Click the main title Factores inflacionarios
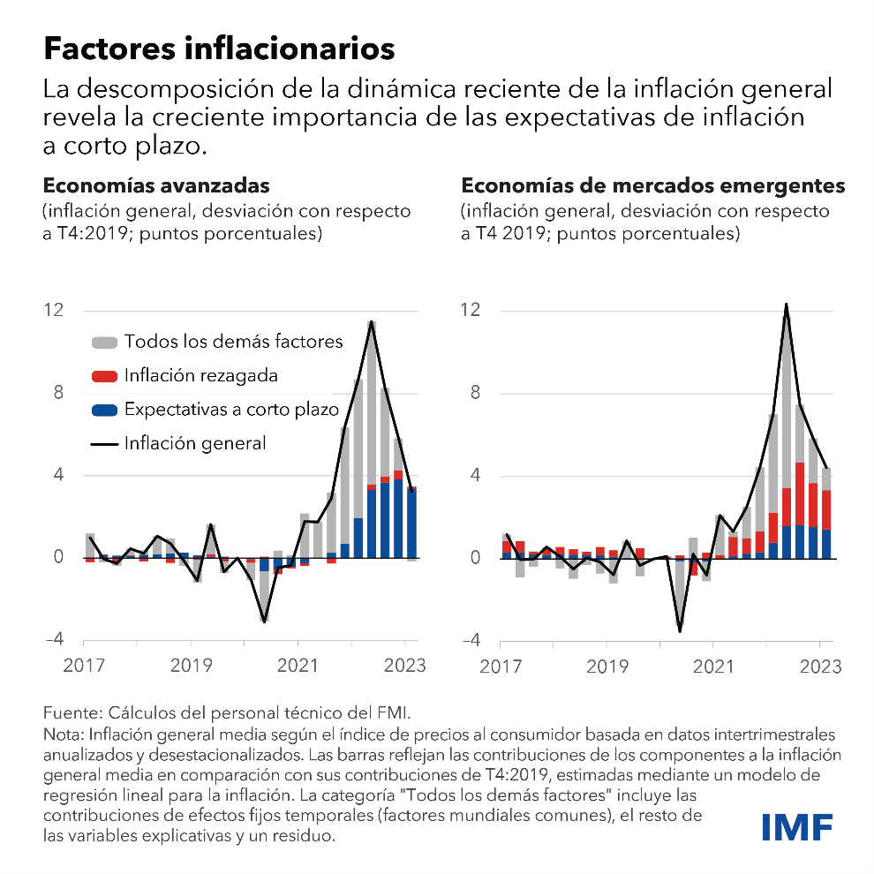click(x=219, y=49)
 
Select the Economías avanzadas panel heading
click(x=156, y=186)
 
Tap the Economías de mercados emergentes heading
click(x=653, y=186)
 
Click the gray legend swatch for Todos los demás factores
click(x=103, y=342)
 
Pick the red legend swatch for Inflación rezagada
click(x=103, y=376)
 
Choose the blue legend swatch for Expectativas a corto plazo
click(x=103, y=410)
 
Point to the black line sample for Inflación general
click(x=103, y=443)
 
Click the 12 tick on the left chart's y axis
click(x=54, y=311)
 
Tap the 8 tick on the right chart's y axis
click(x=475, y=394)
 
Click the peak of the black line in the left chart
click(x=372, y=321)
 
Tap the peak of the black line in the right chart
click(x=786, y=305)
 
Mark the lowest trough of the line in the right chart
click(x=680, y=630)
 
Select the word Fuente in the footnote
click(x=68, y=712)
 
